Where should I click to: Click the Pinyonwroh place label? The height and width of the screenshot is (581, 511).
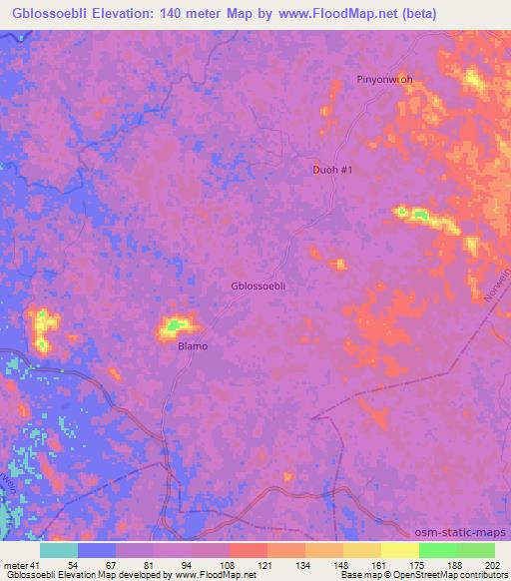384,79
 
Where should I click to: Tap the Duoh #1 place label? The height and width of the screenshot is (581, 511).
332,170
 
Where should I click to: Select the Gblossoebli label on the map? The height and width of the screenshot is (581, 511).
258,286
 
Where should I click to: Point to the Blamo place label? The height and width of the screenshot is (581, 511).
193,346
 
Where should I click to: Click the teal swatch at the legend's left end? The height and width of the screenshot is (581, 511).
59,550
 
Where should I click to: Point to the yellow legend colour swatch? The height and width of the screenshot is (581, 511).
399,550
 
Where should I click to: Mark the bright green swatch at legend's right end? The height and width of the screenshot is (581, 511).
475,550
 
